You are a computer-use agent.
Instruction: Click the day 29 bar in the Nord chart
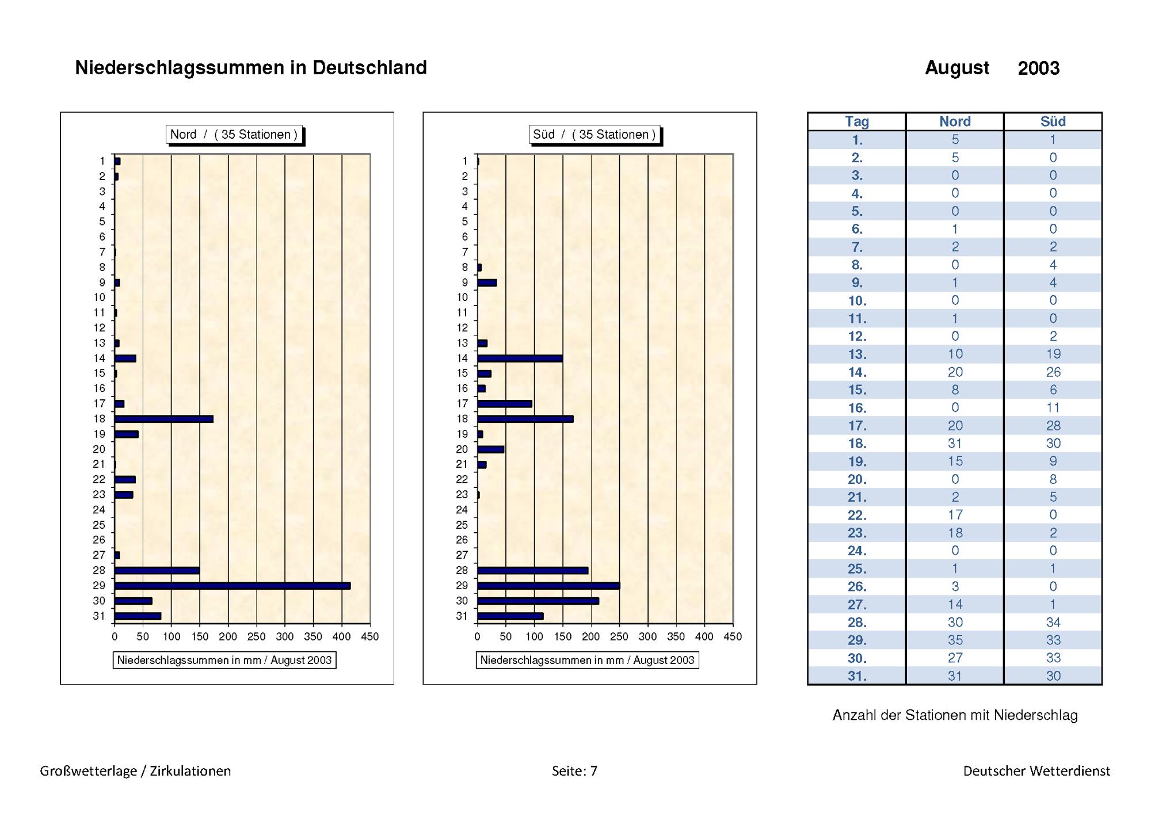coord(233,586)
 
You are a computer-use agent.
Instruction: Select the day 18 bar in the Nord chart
coord(164,419)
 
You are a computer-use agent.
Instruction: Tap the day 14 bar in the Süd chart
coord(520,358)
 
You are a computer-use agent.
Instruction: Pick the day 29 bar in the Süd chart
coord(548,586)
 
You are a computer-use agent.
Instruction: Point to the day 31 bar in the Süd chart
coord(510,616)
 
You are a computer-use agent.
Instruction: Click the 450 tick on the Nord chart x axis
coord(369,636)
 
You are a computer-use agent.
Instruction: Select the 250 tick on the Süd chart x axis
coord(619,636)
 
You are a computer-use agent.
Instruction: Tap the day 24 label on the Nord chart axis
coord(99,510)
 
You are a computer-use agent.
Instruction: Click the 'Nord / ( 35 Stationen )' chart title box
coord(234,135)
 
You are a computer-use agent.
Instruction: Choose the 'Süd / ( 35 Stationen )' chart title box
coord(594,135)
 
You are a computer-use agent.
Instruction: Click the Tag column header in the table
coord(856,121)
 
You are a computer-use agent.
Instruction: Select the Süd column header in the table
coord(1053,121)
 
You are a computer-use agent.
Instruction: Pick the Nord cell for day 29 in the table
coord(955,640)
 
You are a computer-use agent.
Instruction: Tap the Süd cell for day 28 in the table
coord(1053,622)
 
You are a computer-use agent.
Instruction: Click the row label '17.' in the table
coord(857,426)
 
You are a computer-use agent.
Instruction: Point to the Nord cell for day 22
coord(955,515)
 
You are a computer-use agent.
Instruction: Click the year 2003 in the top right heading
coord(1038,68)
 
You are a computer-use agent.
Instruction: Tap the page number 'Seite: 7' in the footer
coord(574,771)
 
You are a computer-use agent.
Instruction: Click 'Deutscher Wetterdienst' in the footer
coord(1036,771)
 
